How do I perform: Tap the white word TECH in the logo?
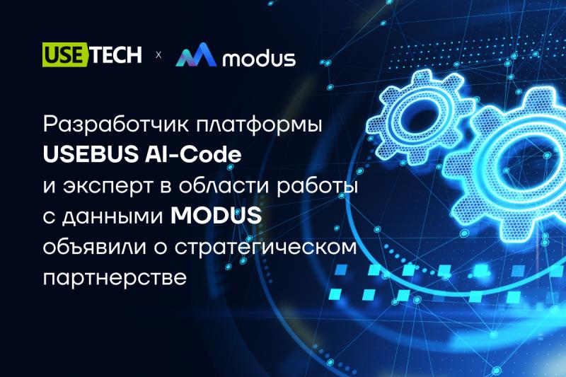point(115,55)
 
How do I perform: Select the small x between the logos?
point(158,56)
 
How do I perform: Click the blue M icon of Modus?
point(195,56)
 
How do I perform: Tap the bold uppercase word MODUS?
point(216,216)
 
